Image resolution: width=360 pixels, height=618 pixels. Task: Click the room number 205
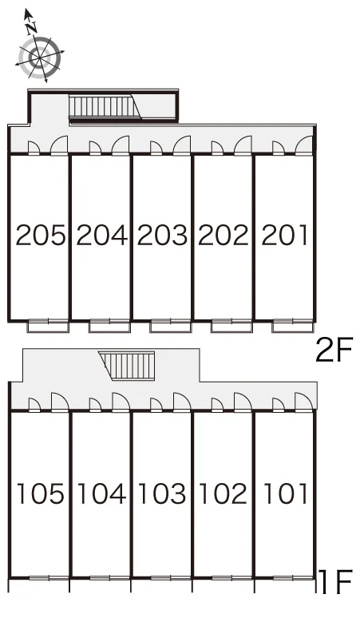point(40,236)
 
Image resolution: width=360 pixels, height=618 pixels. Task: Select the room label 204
point(101,236)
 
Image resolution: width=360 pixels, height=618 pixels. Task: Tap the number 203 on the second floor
point(162,236)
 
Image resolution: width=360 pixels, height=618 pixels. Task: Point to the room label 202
point(224,236)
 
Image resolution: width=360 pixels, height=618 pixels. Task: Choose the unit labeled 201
point(284,236)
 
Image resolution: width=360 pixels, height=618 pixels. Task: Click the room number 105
point(40,494)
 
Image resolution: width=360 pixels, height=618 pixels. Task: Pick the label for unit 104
point(101,494)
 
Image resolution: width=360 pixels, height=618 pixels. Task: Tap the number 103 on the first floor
point(162,494)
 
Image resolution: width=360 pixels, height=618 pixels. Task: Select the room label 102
point(224,494)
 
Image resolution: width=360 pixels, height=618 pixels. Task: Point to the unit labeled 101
point(285,494)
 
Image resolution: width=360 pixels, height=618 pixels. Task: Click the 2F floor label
point(333,351)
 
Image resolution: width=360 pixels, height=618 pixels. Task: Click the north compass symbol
point(40,57)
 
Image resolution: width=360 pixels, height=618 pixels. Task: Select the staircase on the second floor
point(105,106)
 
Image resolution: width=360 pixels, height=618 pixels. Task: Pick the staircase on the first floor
point(127,366)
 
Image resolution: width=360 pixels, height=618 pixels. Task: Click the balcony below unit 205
point(48,326)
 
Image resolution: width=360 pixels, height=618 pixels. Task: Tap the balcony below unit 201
point(293,326)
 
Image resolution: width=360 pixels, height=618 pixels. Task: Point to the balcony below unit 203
point(171,326)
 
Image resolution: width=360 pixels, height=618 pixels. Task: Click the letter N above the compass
point(31,28)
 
